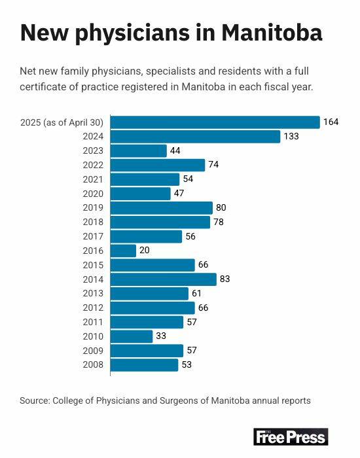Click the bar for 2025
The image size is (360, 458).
click(x=215, y=122)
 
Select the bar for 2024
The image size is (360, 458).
click(x=195, y=136)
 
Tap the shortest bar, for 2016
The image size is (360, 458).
click(x=123, y=251)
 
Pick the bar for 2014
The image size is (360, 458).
click(x=164, y=279)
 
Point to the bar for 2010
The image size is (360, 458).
click(x=132, y=336)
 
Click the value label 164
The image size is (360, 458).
click(x=331, y=122)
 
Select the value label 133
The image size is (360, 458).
click(x=291, y=136)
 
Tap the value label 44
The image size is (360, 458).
click(x=175, y=150)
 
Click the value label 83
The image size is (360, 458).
click(x=225, y=279)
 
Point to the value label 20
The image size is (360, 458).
click(x=145, y=251)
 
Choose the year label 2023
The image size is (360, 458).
click(x=93, y=150)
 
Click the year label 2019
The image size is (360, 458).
click(x=93, y=207)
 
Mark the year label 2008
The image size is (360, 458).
click(x=93, y=365)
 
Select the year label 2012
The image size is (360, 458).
click(x=93, y=308)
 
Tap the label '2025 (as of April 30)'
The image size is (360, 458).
click(x=62, y=122)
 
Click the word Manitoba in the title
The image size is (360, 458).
click(x=272, y=33)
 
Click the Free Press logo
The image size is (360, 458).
click(x=291, y=437)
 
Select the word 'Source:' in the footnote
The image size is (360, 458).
click(x=35, y=400)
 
